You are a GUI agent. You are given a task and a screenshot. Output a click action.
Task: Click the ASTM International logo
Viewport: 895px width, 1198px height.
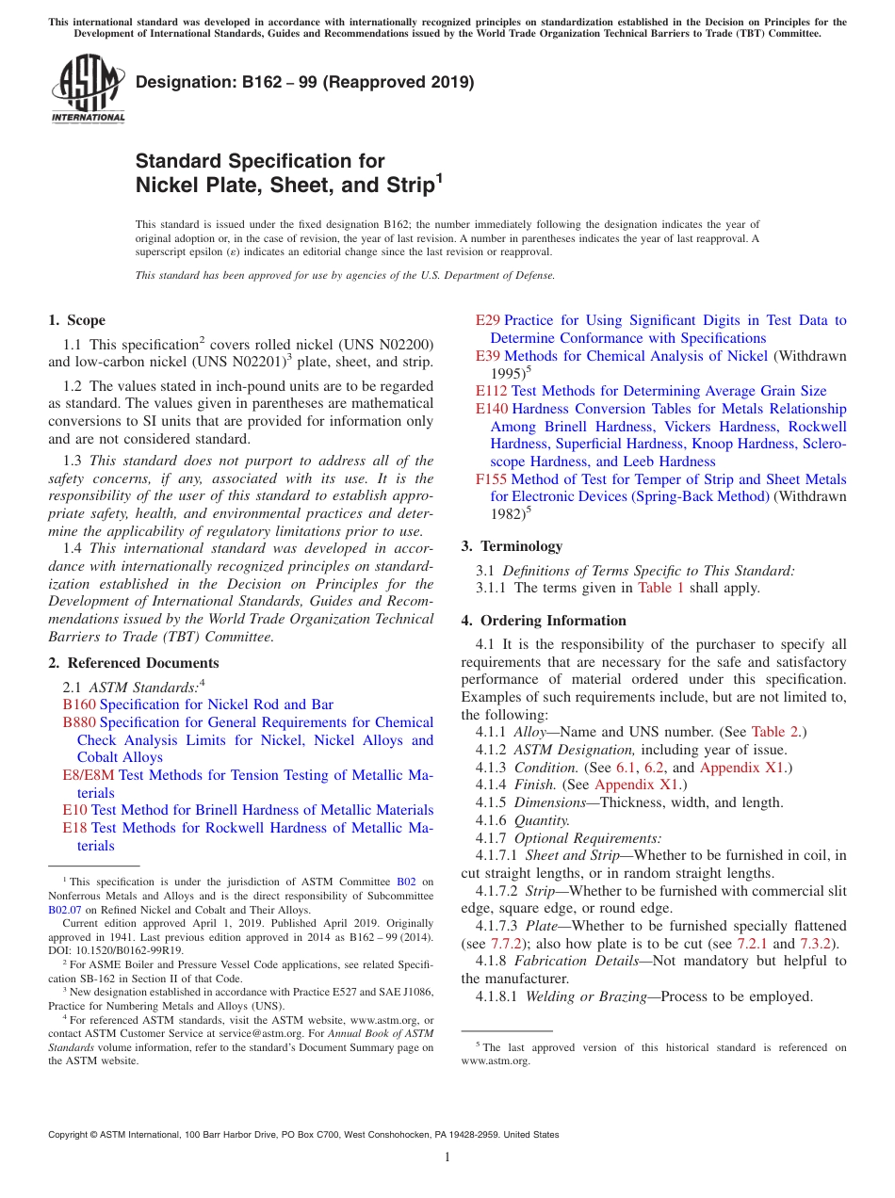click(88, 90)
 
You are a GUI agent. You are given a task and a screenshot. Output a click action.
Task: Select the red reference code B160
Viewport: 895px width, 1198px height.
click(79, 704)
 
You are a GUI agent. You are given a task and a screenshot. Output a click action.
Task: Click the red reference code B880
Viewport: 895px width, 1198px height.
click(79, 722)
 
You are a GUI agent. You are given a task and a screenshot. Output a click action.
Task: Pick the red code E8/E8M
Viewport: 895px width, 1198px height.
click(89, 775)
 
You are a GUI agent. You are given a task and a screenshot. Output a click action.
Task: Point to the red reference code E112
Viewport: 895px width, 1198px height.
click(492, 391)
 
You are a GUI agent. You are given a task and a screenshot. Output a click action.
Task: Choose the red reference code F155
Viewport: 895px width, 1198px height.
click(492, 479)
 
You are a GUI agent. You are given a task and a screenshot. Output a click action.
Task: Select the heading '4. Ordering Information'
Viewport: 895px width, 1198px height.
click(544, 621)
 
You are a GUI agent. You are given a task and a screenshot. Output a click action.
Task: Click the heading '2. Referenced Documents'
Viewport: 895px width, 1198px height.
click(133, 663)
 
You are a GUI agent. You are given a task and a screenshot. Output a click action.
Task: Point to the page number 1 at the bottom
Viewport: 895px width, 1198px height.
click(447, 1158)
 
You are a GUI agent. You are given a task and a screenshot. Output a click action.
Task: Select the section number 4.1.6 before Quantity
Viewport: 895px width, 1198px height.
click(492, 820)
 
